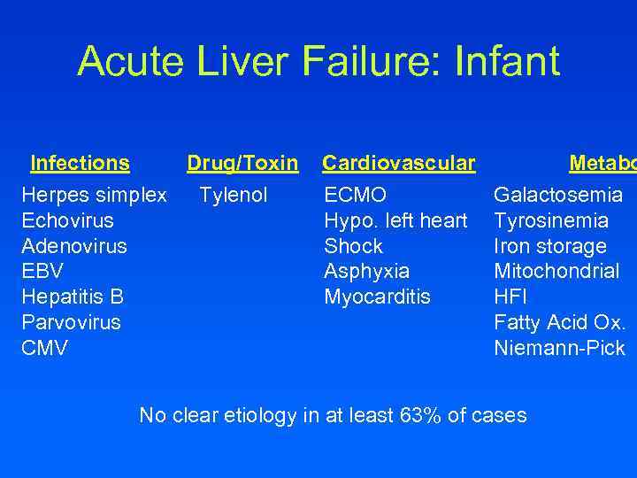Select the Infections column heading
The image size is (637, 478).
(80, 163)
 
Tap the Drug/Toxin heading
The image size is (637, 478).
(242, 163)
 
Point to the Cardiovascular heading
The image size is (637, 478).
(398, 163)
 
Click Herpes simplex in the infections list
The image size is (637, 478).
(94, 195)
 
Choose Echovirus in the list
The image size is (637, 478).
(67, 220)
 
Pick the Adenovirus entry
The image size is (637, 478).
(74, 246)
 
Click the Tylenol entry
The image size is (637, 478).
(234, 195)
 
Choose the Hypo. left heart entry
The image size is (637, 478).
(395, 220)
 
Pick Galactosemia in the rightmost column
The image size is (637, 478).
(558, 195)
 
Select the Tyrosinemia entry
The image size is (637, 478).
(551, 220)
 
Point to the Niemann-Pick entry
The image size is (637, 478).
(559, 349)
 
